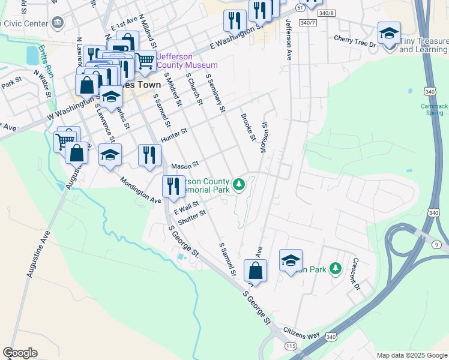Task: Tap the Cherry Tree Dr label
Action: (x=355, y=41)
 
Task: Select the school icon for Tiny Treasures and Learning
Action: (x=389, y=33)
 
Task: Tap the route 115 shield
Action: (x=292, y=346)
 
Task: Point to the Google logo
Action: (x=20, y=353)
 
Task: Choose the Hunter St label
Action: (x=174, y=135)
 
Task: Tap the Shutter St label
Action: (x=192, y=216)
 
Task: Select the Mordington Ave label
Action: (x=140, y=190)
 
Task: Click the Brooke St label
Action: (x=249, y=127)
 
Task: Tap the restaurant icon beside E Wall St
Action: (x=173, y=187)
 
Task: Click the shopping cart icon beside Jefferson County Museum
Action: (x=145, y=59)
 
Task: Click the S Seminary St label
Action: (x=215, y=93)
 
